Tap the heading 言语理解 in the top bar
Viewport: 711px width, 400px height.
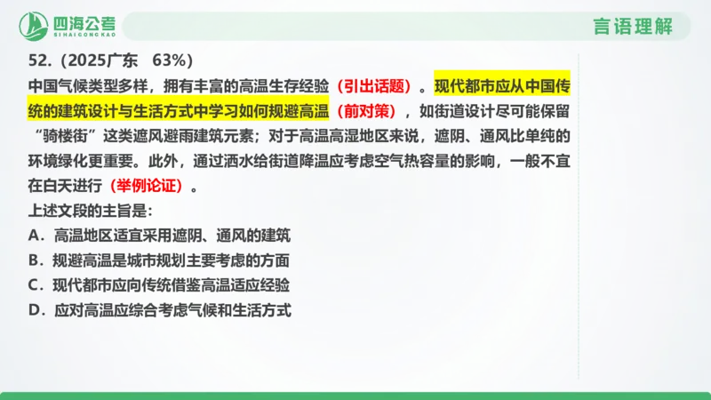click(x=633, y=27)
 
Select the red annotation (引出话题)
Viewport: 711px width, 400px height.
click(x=379, y=87)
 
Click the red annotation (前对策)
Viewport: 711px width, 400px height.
click(x=369, y=112)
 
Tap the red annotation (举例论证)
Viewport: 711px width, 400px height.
click(x=148, y=187)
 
